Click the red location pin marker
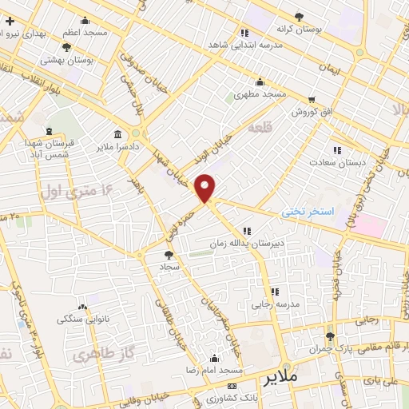[205, 188]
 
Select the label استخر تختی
[305, 212]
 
